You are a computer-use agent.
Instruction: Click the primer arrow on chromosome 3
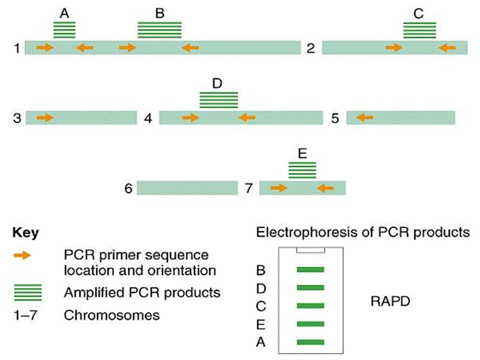pos(45,117)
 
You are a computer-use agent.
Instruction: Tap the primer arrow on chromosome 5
pos(364,117)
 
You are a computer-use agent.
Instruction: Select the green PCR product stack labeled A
pos(64,30)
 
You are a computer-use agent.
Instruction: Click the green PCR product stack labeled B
pos(159,30)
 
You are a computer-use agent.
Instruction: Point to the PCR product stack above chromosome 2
pos(419,30)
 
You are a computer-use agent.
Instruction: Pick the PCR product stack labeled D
pos(218,100)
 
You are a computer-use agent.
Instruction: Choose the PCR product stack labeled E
pos(302,170)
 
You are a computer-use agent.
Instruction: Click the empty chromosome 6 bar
pos(187,187)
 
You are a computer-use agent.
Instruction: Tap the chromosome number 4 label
pos(148,118)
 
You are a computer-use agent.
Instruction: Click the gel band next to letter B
pos(310,269)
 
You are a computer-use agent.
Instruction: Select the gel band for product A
pos(310,342)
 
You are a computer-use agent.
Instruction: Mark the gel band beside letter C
pos(310,306)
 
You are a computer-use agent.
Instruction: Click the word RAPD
pos(390,301)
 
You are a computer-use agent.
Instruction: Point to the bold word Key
pos(25,233)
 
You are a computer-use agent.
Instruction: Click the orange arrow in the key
pos(22,255)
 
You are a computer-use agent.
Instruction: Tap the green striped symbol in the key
pos(28,292)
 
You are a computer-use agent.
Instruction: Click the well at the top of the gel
pos(310,250)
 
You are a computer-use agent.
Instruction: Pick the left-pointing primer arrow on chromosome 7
pos(325,187)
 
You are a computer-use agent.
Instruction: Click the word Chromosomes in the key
pos(111,315)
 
